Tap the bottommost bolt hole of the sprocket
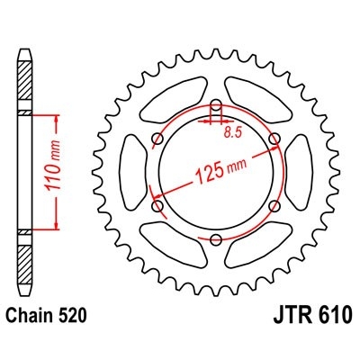[217, 238]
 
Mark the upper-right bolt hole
[274, 139]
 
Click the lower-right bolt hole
[274, 205]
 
